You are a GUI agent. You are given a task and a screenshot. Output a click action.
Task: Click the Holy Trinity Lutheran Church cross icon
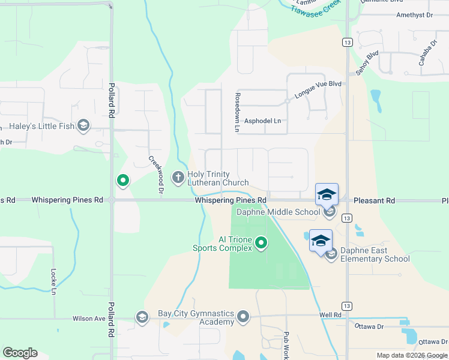(178, 177)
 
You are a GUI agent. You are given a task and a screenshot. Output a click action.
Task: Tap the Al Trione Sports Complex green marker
(261, 242)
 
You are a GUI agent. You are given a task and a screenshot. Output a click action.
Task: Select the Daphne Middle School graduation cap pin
(327, 196)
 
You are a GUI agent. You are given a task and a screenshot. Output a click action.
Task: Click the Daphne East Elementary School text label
(375, 254)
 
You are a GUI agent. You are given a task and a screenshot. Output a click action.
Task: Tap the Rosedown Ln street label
(237, 112)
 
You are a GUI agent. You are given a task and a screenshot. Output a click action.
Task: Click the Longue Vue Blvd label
(318, 89)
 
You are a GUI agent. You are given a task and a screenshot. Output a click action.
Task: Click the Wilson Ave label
(89, 319)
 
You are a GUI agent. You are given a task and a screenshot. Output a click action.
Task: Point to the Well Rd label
(330, 314)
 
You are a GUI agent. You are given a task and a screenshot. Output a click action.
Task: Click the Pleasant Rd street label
(374, 200)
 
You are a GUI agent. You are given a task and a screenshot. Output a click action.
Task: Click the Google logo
(20, 353)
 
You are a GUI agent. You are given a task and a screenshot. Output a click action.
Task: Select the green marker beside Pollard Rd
(123, 179)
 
